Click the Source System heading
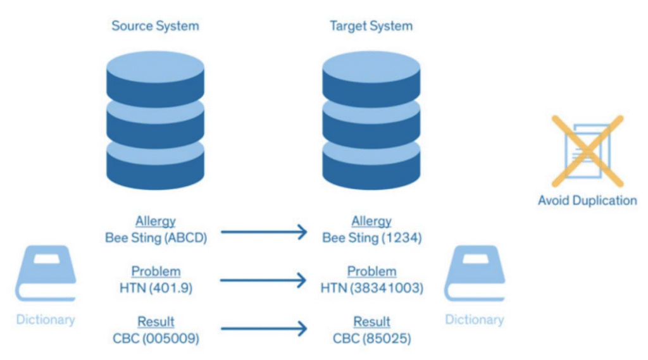[x=155, y=26]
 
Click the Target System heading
[x=371, y=26]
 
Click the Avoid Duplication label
[x=587, y=201]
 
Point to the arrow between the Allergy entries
[x=264, y=232]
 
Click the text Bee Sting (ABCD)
[x=156, y=238]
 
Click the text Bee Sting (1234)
[x=371, y=238]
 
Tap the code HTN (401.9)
[x=156, y=288]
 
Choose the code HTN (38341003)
[x=371, y=288]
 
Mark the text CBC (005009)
[x=156, y=338]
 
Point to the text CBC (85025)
[x=371, y=338]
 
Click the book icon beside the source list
[x=46, y=273]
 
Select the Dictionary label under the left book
[x=46, y=319]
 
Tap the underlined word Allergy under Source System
[x=156, y=221]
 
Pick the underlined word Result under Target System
[x=371, y=322]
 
